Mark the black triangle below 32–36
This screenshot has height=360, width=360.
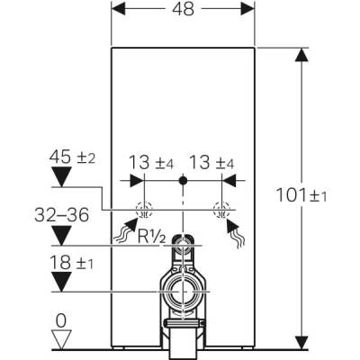[60, 236]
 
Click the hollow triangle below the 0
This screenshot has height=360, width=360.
[60, 339]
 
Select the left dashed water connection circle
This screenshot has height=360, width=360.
[143, 212]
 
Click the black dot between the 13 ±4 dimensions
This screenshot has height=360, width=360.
[183, 181]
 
